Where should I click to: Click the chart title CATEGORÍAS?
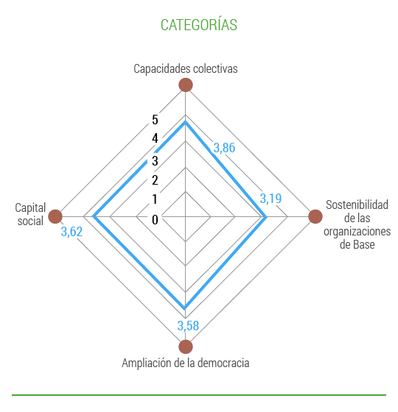tap(199, 24)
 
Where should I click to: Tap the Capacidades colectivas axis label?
tap(186, 69)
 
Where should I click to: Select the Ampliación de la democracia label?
tap(186, 363)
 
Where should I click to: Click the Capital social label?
tap(30, 214)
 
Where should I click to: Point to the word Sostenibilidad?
tap(357, 205)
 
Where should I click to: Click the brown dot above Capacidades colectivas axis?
tap(186, 85)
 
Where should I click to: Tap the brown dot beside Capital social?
tap(55, 216)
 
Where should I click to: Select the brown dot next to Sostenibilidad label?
tap(315, 216)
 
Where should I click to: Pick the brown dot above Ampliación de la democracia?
tap(186, 347)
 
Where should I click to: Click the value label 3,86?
tap(224, 148)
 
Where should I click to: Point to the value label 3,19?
tap(270, 199)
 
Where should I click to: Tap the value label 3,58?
tap(188, 326)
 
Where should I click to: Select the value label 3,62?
tap(71, 232)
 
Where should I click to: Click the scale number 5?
tap(155, 120)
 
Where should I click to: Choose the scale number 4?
tap(155, 138)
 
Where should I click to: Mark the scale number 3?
tap(155, 160)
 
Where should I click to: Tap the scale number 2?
tap(155, 180)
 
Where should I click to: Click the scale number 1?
tap(155, 199)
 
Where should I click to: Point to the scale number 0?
tap(155, 220)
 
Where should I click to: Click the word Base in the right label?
tap(364, 244)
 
